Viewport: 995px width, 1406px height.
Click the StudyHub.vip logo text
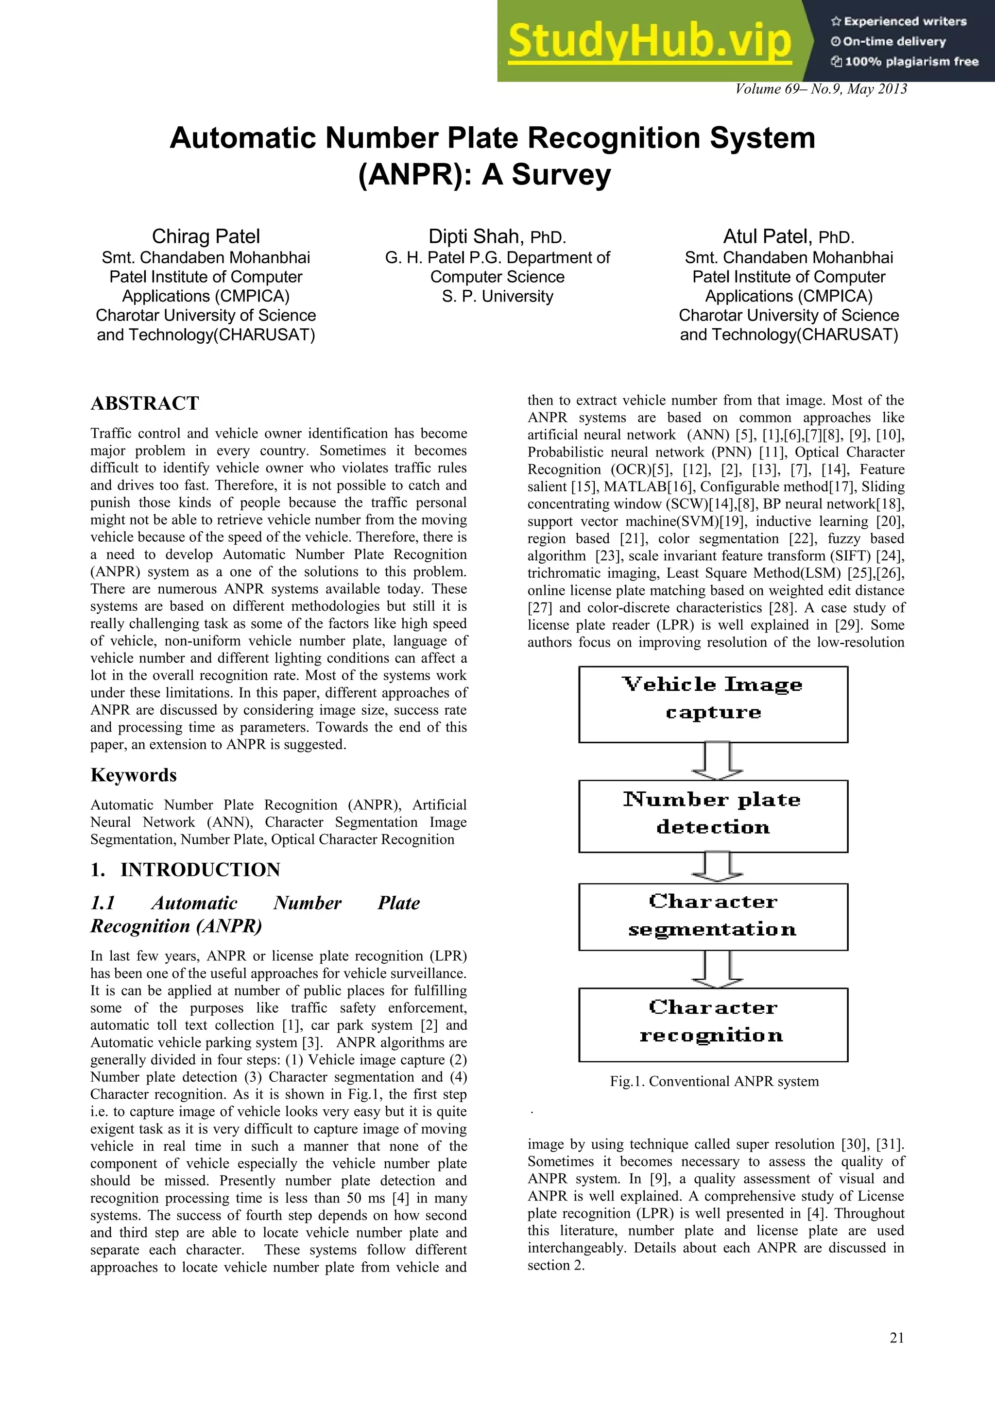pyautogui.click(x=650, y=42)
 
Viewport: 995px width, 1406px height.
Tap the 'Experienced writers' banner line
pyautogui.click(x=899, y=21)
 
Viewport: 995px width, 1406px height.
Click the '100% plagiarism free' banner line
pyautogui.click(x=905, y=61)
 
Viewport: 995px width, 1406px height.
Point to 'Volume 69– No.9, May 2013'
pyautogui.click(x=821, y=89)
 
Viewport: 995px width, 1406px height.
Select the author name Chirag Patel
pyautogui.click(x=206, y=236)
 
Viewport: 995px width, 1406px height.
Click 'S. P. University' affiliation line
pyautogui.click(x=497, y=296)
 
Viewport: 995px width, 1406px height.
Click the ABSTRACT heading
pyautogui.click(x=145, y=403)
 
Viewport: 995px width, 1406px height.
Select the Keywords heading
pyautogui.click(x=134, y=775)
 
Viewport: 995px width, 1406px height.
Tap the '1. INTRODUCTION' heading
pyautogui.click(x=185, y=870)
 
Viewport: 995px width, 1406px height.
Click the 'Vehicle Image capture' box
pyautogui.click(x=713, y=704)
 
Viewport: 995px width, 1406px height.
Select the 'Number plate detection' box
pyautogui.click(x=713, y=816)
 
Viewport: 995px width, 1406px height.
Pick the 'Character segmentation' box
pyautogui.click(x=713, y=917)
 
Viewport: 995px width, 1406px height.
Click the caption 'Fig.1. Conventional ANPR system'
pyautogui.click(x=714, y=1081)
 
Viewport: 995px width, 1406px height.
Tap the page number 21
pyautogui.click(x=896, y=1338)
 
